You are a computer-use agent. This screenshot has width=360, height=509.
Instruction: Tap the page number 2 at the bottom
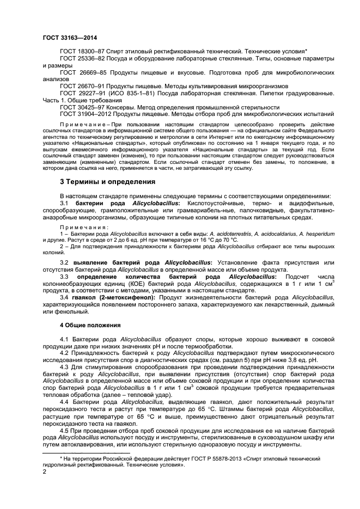(x=45, y=473)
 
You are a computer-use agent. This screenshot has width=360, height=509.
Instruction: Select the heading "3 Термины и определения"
(x=107, y=181)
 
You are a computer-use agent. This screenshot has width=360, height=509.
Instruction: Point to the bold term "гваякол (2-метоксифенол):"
(x=109, y=297)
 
